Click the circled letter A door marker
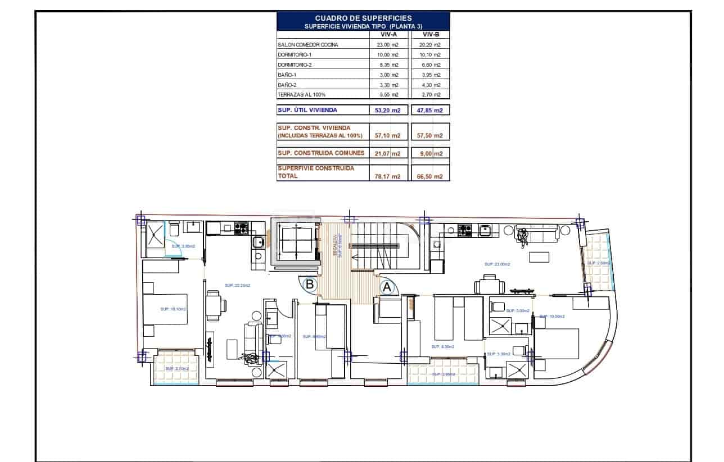(387, 287)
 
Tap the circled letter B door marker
(309, 285)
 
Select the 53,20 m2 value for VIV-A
(387, 111)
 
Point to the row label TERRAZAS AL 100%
(301, 95)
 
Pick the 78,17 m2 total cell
(387, 176)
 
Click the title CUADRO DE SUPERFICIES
(363, 19)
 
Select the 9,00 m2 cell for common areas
(430, 153)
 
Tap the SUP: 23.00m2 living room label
(497, 264)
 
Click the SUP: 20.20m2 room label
(237, 285)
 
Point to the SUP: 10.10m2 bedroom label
(173, 309)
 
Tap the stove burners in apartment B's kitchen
(241, 228)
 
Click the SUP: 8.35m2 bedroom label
(442, 347)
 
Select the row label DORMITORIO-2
(295, 65)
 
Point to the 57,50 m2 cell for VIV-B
(430, 136)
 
